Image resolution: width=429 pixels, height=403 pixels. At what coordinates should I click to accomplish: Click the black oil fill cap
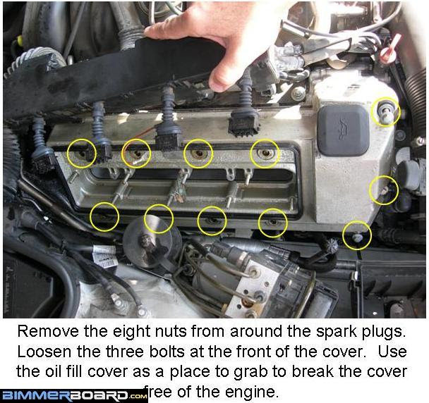tap(343, 131)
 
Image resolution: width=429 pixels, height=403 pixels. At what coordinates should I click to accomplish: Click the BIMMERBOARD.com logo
tap(74, 396)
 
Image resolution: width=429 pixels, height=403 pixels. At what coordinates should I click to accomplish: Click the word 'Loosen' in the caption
tap(44, 352)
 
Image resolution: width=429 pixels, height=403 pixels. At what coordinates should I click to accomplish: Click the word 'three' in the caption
tap(125, 352)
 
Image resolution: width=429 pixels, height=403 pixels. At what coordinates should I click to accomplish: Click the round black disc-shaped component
tap(152, 241)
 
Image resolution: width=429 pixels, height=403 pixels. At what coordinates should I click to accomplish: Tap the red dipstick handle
tap(388, 52)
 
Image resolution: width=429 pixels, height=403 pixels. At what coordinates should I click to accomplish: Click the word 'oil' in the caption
tap(52, 371)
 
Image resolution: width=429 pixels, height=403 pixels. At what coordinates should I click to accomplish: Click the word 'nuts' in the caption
tap(170, 332)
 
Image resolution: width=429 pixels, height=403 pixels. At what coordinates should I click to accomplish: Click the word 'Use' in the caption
tap(392, 352)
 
